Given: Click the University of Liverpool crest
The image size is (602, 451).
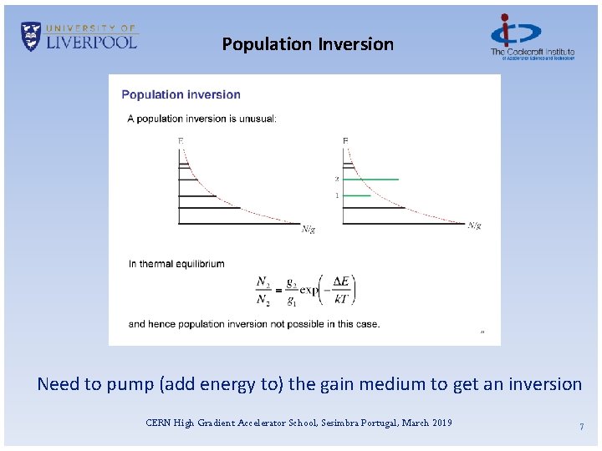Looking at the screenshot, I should pos(31,37).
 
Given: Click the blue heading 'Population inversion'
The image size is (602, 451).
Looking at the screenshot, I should pos(181,95).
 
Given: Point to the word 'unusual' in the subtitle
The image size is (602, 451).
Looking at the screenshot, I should pos(255,119).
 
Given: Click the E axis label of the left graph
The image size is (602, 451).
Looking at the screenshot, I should pos(181,140).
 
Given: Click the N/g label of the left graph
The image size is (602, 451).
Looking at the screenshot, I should pos(309,229).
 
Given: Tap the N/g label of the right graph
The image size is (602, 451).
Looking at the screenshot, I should pos(474,225).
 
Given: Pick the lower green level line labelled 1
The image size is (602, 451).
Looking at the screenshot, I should pos(356,195).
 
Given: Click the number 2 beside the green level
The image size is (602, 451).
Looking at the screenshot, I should pos(337,179).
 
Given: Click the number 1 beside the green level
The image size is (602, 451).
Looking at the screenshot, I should pos(337,195).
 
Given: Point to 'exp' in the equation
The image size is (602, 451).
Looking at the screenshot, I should pos(309,290).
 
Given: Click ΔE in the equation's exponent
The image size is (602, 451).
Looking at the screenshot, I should pos(340,281).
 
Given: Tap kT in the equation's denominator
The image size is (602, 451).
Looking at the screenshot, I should pos(340,299).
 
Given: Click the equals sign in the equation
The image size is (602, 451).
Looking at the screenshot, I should pos(278,290).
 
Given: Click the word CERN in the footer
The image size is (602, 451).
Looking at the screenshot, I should pos(158,423).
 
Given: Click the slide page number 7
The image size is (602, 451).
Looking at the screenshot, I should pos(581,427).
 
